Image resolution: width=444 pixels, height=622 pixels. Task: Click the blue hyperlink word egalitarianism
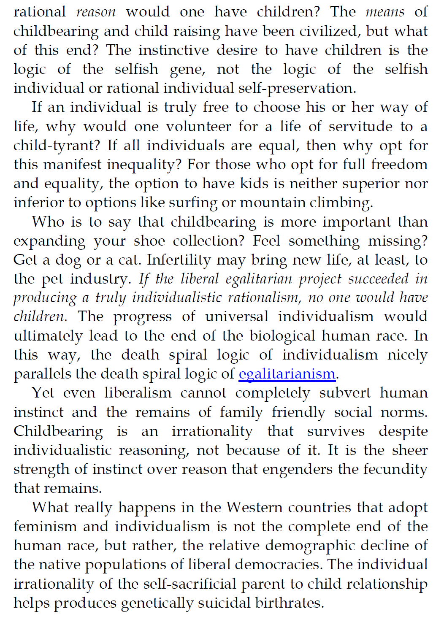pos(287,374)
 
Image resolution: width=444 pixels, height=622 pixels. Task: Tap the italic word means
pos(385,12)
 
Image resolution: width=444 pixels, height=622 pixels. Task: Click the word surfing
pos(199,203)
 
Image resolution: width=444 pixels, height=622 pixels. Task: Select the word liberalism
pos(138,393)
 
